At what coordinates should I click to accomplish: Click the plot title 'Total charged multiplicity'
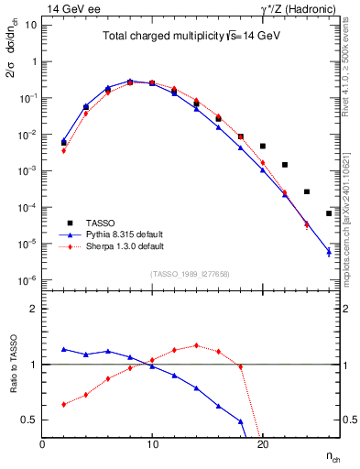click(x=157, y=38)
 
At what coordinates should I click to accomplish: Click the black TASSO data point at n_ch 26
click(x=328, y=213)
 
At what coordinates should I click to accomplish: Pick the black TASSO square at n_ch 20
click(x=262, y=146)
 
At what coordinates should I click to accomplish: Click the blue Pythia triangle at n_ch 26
click(x=328, y=251)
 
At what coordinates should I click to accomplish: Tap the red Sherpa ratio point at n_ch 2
click(x=64, y=404)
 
